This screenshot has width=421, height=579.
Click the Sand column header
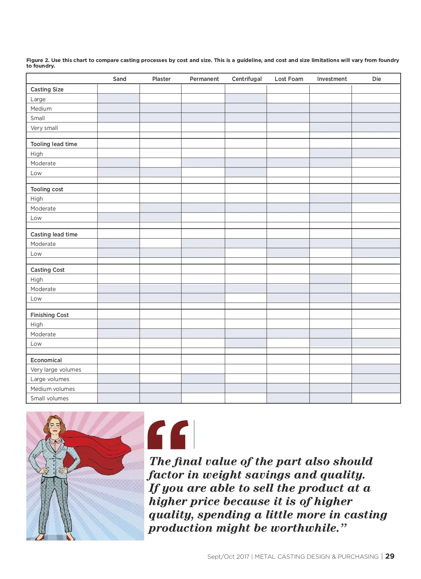(119, 79)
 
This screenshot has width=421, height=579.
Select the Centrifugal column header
(247, 79)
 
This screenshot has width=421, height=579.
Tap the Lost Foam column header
(289, 79)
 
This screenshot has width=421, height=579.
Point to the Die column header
(376, 79)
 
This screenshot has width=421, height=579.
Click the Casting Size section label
(47, 89)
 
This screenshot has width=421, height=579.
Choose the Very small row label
(44, 128)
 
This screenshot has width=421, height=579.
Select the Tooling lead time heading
(54, 144)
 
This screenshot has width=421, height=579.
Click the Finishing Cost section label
(49, 315)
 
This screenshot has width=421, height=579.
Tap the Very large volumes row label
(56, 370)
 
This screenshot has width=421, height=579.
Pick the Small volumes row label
(49, 398)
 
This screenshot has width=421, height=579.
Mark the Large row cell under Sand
(119, 99)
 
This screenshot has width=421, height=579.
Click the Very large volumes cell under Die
(376, 369)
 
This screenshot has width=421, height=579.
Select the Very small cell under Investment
(330, 127)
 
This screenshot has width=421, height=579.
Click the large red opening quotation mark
(168, 435)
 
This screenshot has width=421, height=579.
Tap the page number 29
(390, 556)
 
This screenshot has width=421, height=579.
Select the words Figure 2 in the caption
(38, 60)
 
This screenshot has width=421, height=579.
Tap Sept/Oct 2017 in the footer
(228, 557)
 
